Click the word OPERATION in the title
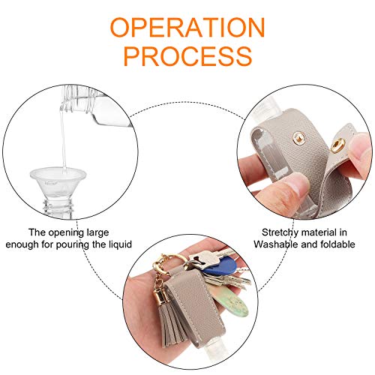[x=187, y=28]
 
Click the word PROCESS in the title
[x=188, y=56]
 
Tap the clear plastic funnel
[x=58, y=182]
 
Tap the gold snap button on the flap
[x=338, y=145]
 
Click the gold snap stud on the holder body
[x=298, y=138]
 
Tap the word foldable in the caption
[x=337, y=244]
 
